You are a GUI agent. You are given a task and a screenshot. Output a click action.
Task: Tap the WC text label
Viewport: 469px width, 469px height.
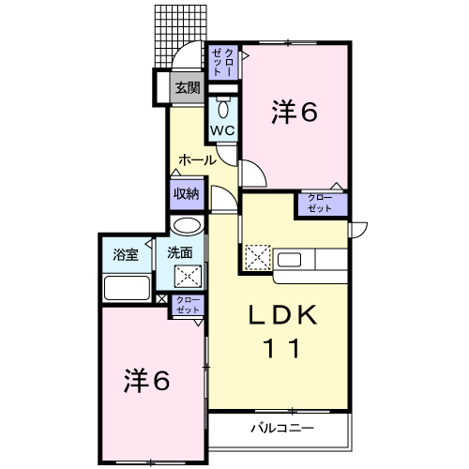[x=222, y=129]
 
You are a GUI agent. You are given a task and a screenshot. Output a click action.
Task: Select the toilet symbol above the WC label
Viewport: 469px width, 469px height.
[x=223, y=105]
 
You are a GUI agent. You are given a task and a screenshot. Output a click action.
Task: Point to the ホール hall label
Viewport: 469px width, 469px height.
[x=197, y=159]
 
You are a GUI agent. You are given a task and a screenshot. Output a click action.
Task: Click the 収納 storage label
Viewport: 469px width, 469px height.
[x=186, y=194]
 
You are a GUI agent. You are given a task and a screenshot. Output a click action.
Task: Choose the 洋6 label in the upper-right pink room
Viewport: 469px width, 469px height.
[x=295, y=112]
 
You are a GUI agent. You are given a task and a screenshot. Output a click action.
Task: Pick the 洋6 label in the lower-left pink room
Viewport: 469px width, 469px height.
[x=148, y=381]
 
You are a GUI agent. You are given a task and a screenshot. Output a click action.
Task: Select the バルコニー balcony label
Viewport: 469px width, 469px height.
[x=281, y=428]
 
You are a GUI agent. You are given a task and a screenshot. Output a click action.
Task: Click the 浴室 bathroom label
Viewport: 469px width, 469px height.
[x=126, y=253]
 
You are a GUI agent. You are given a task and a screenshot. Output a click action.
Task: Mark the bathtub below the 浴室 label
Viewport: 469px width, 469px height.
[x=128, y=287]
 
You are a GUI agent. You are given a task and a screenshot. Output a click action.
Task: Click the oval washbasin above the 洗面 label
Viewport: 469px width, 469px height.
[x=188, y=225]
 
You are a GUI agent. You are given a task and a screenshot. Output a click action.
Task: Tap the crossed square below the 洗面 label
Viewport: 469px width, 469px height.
[x=189, y=276]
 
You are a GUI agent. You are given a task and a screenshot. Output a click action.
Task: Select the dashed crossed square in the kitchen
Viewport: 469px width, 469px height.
[x=256, y=255]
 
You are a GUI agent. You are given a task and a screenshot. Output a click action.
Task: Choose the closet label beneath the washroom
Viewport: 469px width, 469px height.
[x=189, y=304]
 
